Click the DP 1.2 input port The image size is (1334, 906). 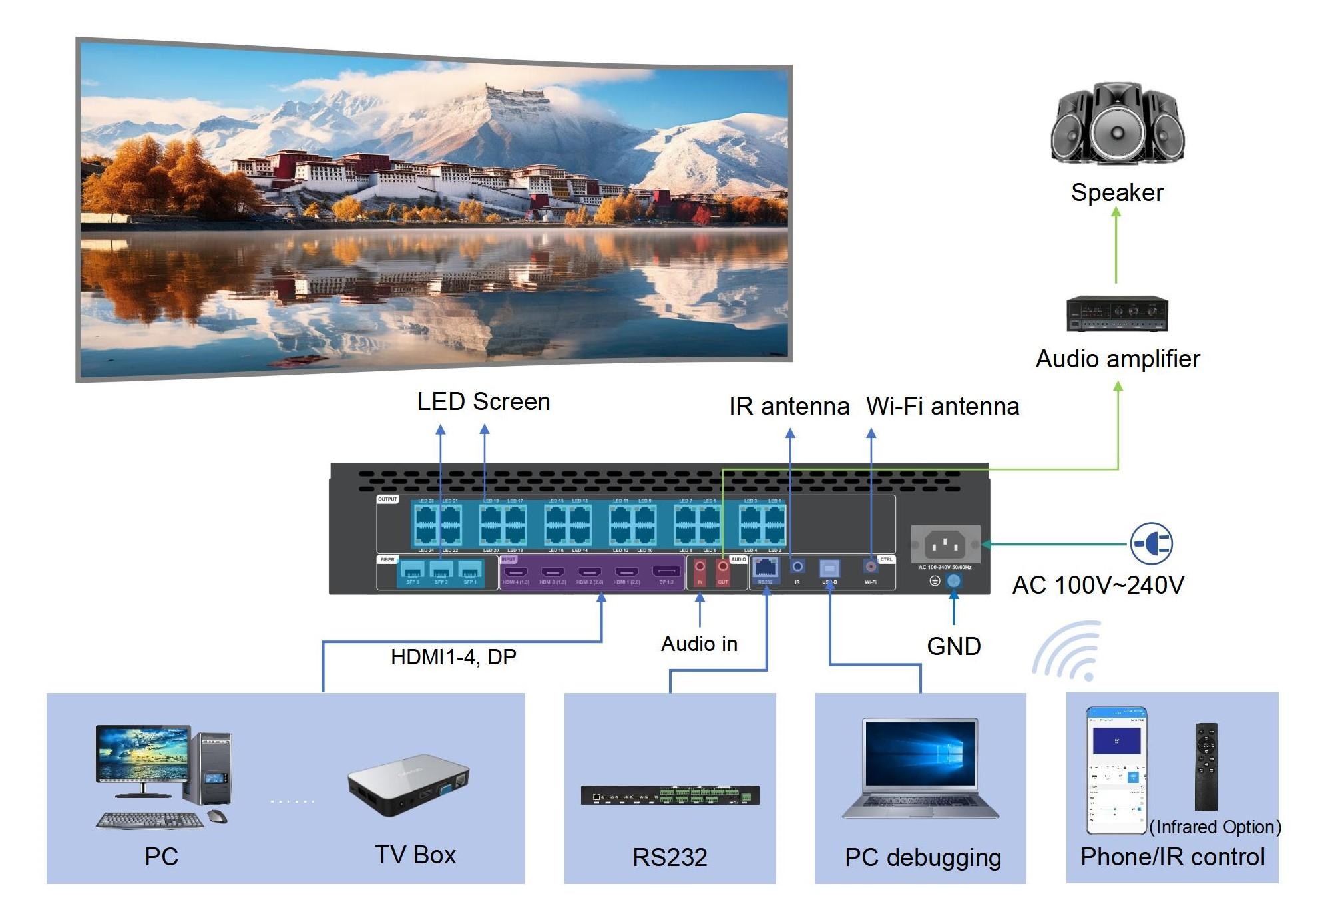tap(666, 572)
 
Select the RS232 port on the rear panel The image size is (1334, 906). tap(766, 568)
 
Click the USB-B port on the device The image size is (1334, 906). tap(829, 568)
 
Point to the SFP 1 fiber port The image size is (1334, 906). tap(470, 570)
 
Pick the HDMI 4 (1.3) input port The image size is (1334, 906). tap(516, 572)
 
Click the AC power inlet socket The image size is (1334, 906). tap(945, 545)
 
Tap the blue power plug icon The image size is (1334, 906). tap(1151, 544)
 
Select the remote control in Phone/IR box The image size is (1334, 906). tap(1206, 766)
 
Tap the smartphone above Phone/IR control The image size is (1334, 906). tap(1116, 771)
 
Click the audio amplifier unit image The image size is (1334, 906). tap(1117, 314)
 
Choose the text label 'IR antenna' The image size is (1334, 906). tap(789, 406)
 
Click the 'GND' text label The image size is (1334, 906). tap(953, 646)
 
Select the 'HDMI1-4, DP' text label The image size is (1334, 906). tap(453, 657)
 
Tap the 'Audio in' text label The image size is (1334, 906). tap(699, 644)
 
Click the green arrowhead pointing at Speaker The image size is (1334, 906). tap(1116, 212)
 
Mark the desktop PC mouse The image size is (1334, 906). tap(217, 816)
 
